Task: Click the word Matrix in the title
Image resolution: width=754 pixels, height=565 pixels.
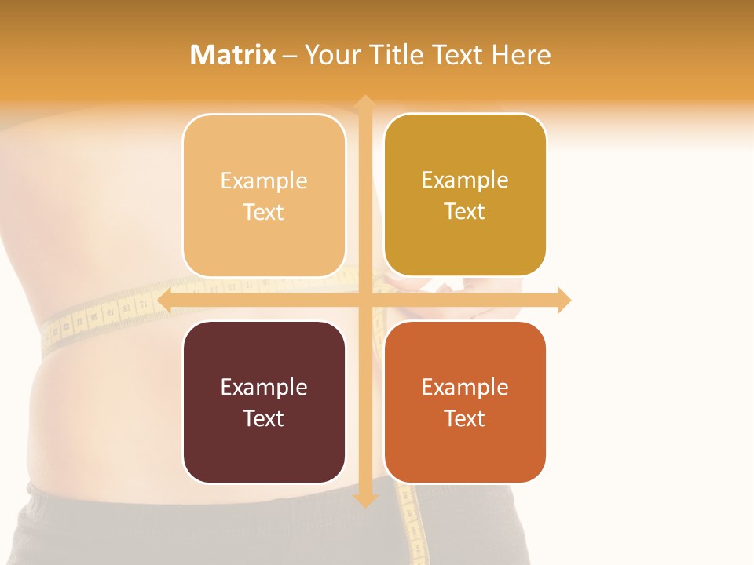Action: [x=232, y=55]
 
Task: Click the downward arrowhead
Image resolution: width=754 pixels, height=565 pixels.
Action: [x=364, y=500]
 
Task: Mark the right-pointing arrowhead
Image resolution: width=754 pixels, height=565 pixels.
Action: [x=564, y=300]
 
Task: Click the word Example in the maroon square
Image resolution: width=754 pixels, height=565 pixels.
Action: [x=264, y=387]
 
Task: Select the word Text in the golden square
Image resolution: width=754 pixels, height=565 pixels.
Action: [x=465, y=212]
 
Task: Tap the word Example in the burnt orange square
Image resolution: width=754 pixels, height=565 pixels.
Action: [x=465, y=387]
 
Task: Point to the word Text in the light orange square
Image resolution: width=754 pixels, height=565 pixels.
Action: [x=264, y=212]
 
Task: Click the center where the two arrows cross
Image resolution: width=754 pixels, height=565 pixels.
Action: [x=364, y=300]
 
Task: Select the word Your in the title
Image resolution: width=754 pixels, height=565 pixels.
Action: [x=328, y=55]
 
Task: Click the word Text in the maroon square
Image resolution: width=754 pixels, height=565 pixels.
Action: [x=264, y=418]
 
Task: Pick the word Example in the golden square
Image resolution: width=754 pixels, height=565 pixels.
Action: [x=465, y=180]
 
